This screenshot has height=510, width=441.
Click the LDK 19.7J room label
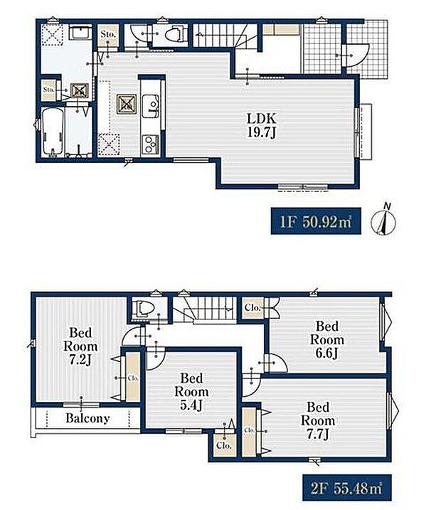click(x=262, y=126)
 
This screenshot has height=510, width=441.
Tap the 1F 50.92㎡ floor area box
click(x=316, y=221)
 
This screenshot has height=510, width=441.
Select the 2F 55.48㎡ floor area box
click(x=347, y=487)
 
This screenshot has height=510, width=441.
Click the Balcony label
click(x=87, y=418)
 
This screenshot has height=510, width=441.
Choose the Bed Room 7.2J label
click(x=80, y=346)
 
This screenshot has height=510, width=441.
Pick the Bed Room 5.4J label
click(x=191, y=392)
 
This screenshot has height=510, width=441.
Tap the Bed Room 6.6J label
click(x=327, y=339)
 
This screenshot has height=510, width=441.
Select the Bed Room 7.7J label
click(x=318, y=420)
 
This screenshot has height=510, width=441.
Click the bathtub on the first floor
click(x=53, y=132)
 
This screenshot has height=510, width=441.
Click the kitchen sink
click(x=150, y=105)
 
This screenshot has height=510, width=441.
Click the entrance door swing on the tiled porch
click(x=356, y=55)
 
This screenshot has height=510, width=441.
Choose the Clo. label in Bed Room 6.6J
click(x=253, y=307)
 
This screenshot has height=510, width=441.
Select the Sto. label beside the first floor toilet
click(x=108, y=34)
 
